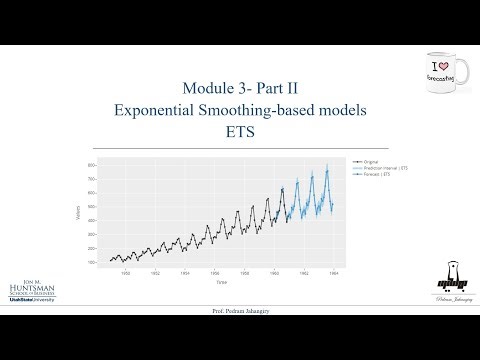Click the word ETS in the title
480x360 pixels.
pyautogui.click(x=239, y=130)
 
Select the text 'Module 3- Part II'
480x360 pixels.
pyautogui.click(x=239, y=86)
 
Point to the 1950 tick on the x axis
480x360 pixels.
pyautogui.click(x=125, y=271)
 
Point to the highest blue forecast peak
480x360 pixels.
pyautogui.click(x=326, y=165)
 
